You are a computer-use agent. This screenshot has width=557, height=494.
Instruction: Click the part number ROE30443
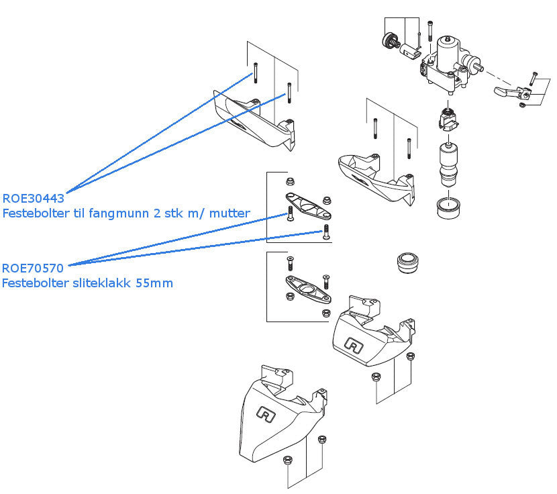pos(34,199)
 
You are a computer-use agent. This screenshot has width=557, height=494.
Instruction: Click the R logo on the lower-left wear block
pos(266,415)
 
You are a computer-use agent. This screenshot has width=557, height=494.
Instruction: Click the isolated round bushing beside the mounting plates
pos(407,262)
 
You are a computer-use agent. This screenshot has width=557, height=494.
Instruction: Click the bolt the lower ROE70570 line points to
pos(325,233)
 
